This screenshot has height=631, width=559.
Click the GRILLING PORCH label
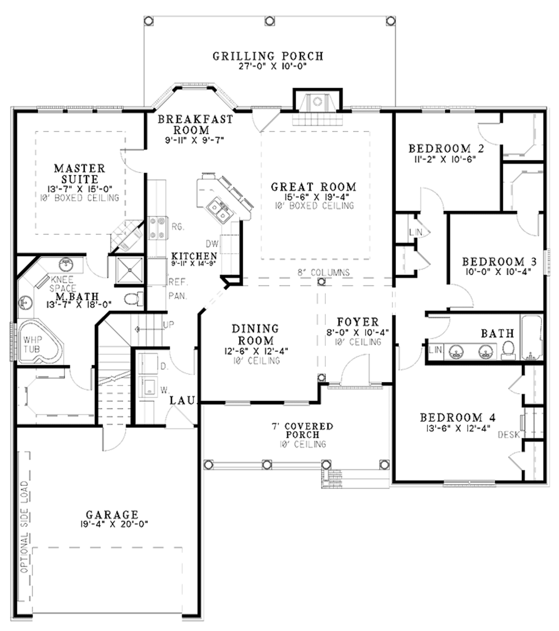tap(267, 56)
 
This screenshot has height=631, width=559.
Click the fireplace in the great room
tap(318, 104)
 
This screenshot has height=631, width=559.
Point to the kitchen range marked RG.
tap(157, 228)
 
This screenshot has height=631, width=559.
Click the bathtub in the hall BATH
tap(531, 337)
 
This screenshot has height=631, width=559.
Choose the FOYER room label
tap(357, 322)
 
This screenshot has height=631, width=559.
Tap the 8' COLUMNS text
tap(323, 272)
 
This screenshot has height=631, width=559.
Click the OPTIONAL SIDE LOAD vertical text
tap(23, 526)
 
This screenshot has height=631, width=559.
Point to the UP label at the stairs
tap(169, 325)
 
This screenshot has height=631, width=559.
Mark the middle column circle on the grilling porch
tap(269, 21)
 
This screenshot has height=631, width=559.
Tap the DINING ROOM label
tap(255, 334)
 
